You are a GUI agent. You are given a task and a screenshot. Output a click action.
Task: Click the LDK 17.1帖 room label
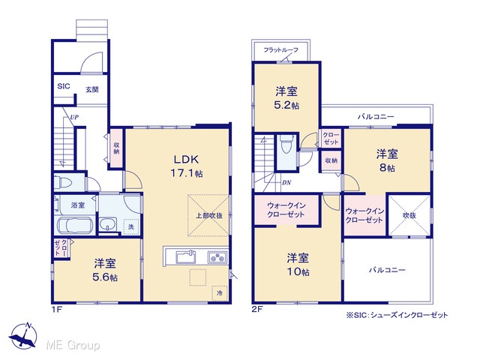tap(187, 166)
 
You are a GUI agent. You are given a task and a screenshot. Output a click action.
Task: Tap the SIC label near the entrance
tap(64, 86)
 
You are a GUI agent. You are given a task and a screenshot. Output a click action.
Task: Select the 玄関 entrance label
tap(91, 90)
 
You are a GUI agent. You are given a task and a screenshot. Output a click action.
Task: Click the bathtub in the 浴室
tap(75, 226)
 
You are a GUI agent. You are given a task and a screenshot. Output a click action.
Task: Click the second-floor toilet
tap(286, 145)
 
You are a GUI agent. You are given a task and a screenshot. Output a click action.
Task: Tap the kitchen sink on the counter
tap(186, 256)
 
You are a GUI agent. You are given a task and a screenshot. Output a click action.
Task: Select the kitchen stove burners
tap(217, 257)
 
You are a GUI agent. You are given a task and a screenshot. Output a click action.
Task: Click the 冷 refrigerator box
tap(220, 293)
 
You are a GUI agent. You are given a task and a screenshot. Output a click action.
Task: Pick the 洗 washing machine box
tap(131, 226)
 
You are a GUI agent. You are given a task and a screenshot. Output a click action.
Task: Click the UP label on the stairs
tap(74, 117)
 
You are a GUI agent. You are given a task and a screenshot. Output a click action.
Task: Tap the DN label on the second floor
tap(286, 183)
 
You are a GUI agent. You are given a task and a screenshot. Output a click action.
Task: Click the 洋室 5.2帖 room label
tap(286, 98)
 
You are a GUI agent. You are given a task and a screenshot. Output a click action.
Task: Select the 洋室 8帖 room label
tap(387, 160)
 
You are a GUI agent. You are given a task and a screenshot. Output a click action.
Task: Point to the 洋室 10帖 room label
tap(298, 265)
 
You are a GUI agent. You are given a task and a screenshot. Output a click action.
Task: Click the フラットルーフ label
tap(280, 50)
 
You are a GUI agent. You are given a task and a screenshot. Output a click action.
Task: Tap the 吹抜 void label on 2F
tap(409, 215)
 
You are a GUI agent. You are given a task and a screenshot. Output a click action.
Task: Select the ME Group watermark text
tap(73, 346)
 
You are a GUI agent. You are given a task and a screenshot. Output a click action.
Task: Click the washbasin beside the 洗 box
tap(107, 224)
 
